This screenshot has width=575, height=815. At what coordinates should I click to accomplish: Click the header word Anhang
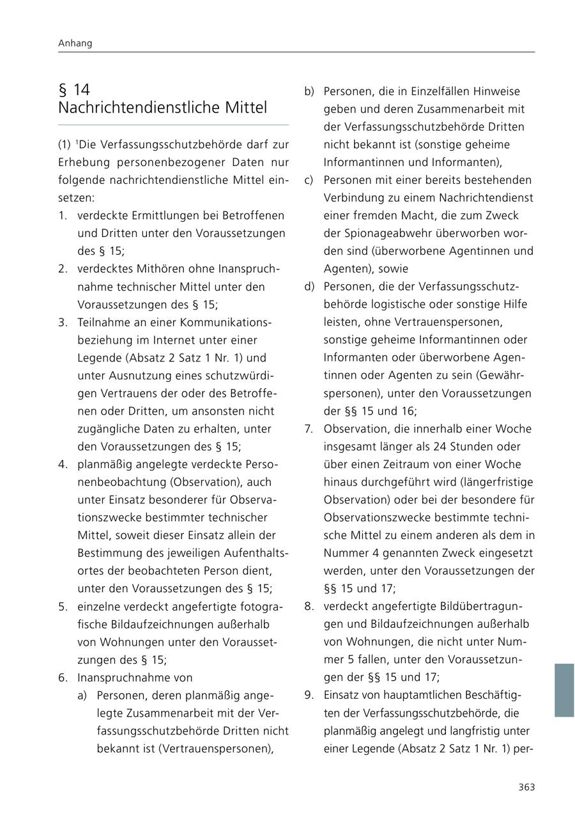(75, 43)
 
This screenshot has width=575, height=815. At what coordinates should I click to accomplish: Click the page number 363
(526, 787)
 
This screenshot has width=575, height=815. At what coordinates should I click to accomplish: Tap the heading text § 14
(74, 89)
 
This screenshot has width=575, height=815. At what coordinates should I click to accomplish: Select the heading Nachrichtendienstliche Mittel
(162, 107)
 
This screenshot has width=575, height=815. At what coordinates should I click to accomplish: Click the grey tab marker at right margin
(564, 690)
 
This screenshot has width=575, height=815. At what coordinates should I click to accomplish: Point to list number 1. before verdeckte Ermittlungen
(63, 216)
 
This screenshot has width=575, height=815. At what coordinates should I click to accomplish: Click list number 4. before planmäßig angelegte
(63, 464)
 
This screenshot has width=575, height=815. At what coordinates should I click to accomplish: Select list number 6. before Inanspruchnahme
(63, 677)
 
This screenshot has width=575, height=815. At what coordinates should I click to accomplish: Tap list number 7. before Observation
(309, 429)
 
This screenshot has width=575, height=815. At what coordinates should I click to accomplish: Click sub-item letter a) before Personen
(82, 695)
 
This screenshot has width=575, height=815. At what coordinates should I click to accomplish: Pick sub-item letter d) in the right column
(309, 287)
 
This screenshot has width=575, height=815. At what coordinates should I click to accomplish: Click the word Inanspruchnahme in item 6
(135, 677)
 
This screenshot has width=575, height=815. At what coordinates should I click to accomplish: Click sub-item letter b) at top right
(309, 91)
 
